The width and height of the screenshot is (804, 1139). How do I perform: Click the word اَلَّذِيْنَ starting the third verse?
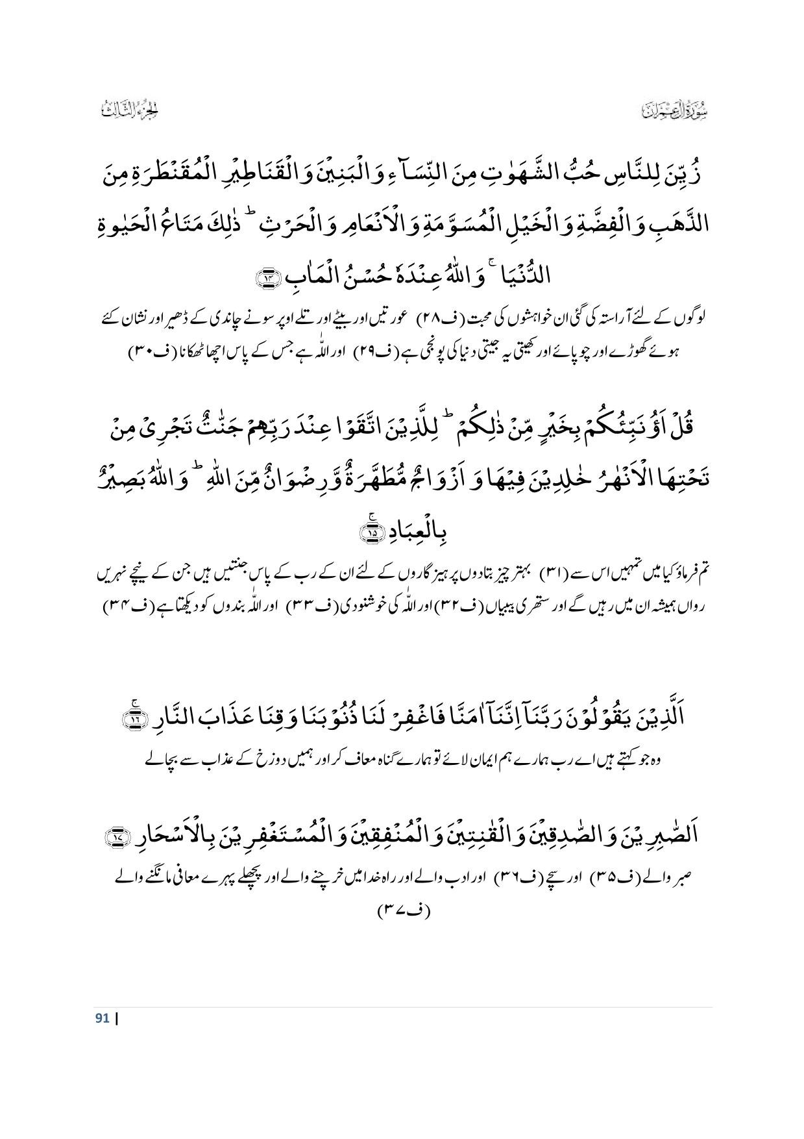[x=668, y=720]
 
